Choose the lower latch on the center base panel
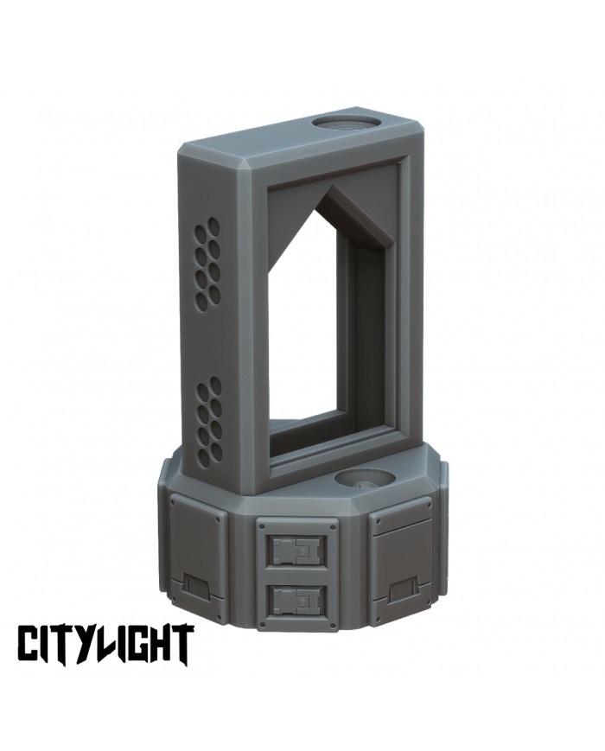pyautogui.click(x=296, y=598)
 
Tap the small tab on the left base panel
pyautogui.click(x=194, y=589)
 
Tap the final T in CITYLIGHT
pyautogui.click(x=181, y=644)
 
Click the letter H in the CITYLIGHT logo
pyautogui.click(x=161, y=644)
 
